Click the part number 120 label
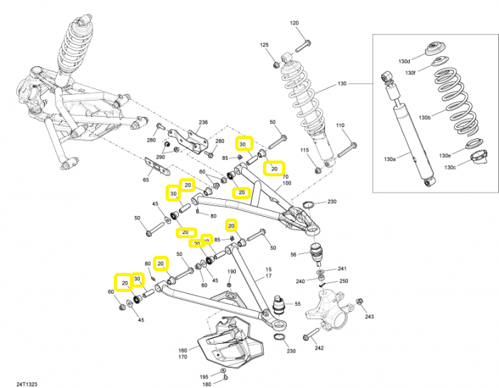tap(294, 23)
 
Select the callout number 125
tap(264, 45)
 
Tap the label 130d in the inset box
tap(404, 61)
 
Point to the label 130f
tap(410, 73)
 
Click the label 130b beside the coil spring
tap(425, 118)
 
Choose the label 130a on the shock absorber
tap(390, 159)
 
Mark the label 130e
tap(445, 155)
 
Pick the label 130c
tap(450, 168)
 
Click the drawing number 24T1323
tap(27, 384)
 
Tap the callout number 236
tap(203, 122)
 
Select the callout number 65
tap(145, 180)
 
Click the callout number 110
tap(340, 126)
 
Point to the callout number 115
tap(304, 150)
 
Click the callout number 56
tap(294, 255)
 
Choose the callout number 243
tap(369, 317)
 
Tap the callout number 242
tap(319, 348)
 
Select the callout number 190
tap(232, 272)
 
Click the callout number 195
tap(205, 377)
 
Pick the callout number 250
tap(344, 281)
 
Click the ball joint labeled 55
tap(279, 305)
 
